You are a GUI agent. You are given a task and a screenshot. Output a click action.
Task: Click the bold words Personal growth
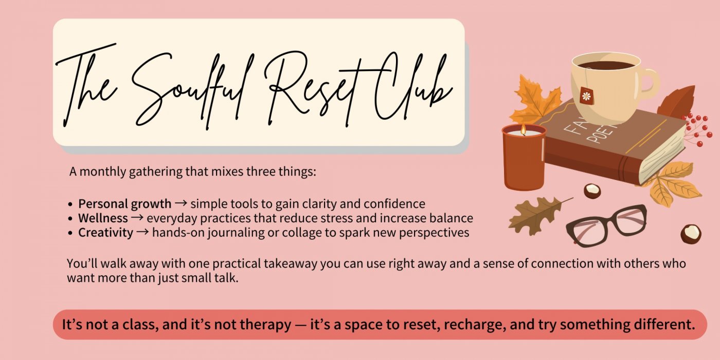pos(124,204)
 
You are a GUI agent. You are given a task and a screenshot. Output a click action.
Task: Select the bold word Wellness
pos(103,218)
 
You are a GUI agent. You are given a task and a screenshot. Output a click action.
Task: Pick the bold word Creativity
pos(105,232)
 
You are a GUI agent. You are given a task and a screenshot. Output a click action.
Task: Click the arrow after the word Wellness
pos(137,218)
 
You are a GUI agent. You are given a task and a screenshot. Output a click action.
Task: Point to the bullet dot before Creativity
pos(70,232)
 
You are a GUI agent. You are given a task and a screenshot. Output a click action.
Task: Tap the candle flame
pos(524,129)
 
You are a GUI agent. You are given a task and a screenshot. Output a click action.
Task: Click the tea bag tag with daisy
pos(587,96)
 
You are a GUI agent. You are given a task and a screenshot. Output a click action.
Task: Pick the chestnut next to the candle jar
pos(592,191)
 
